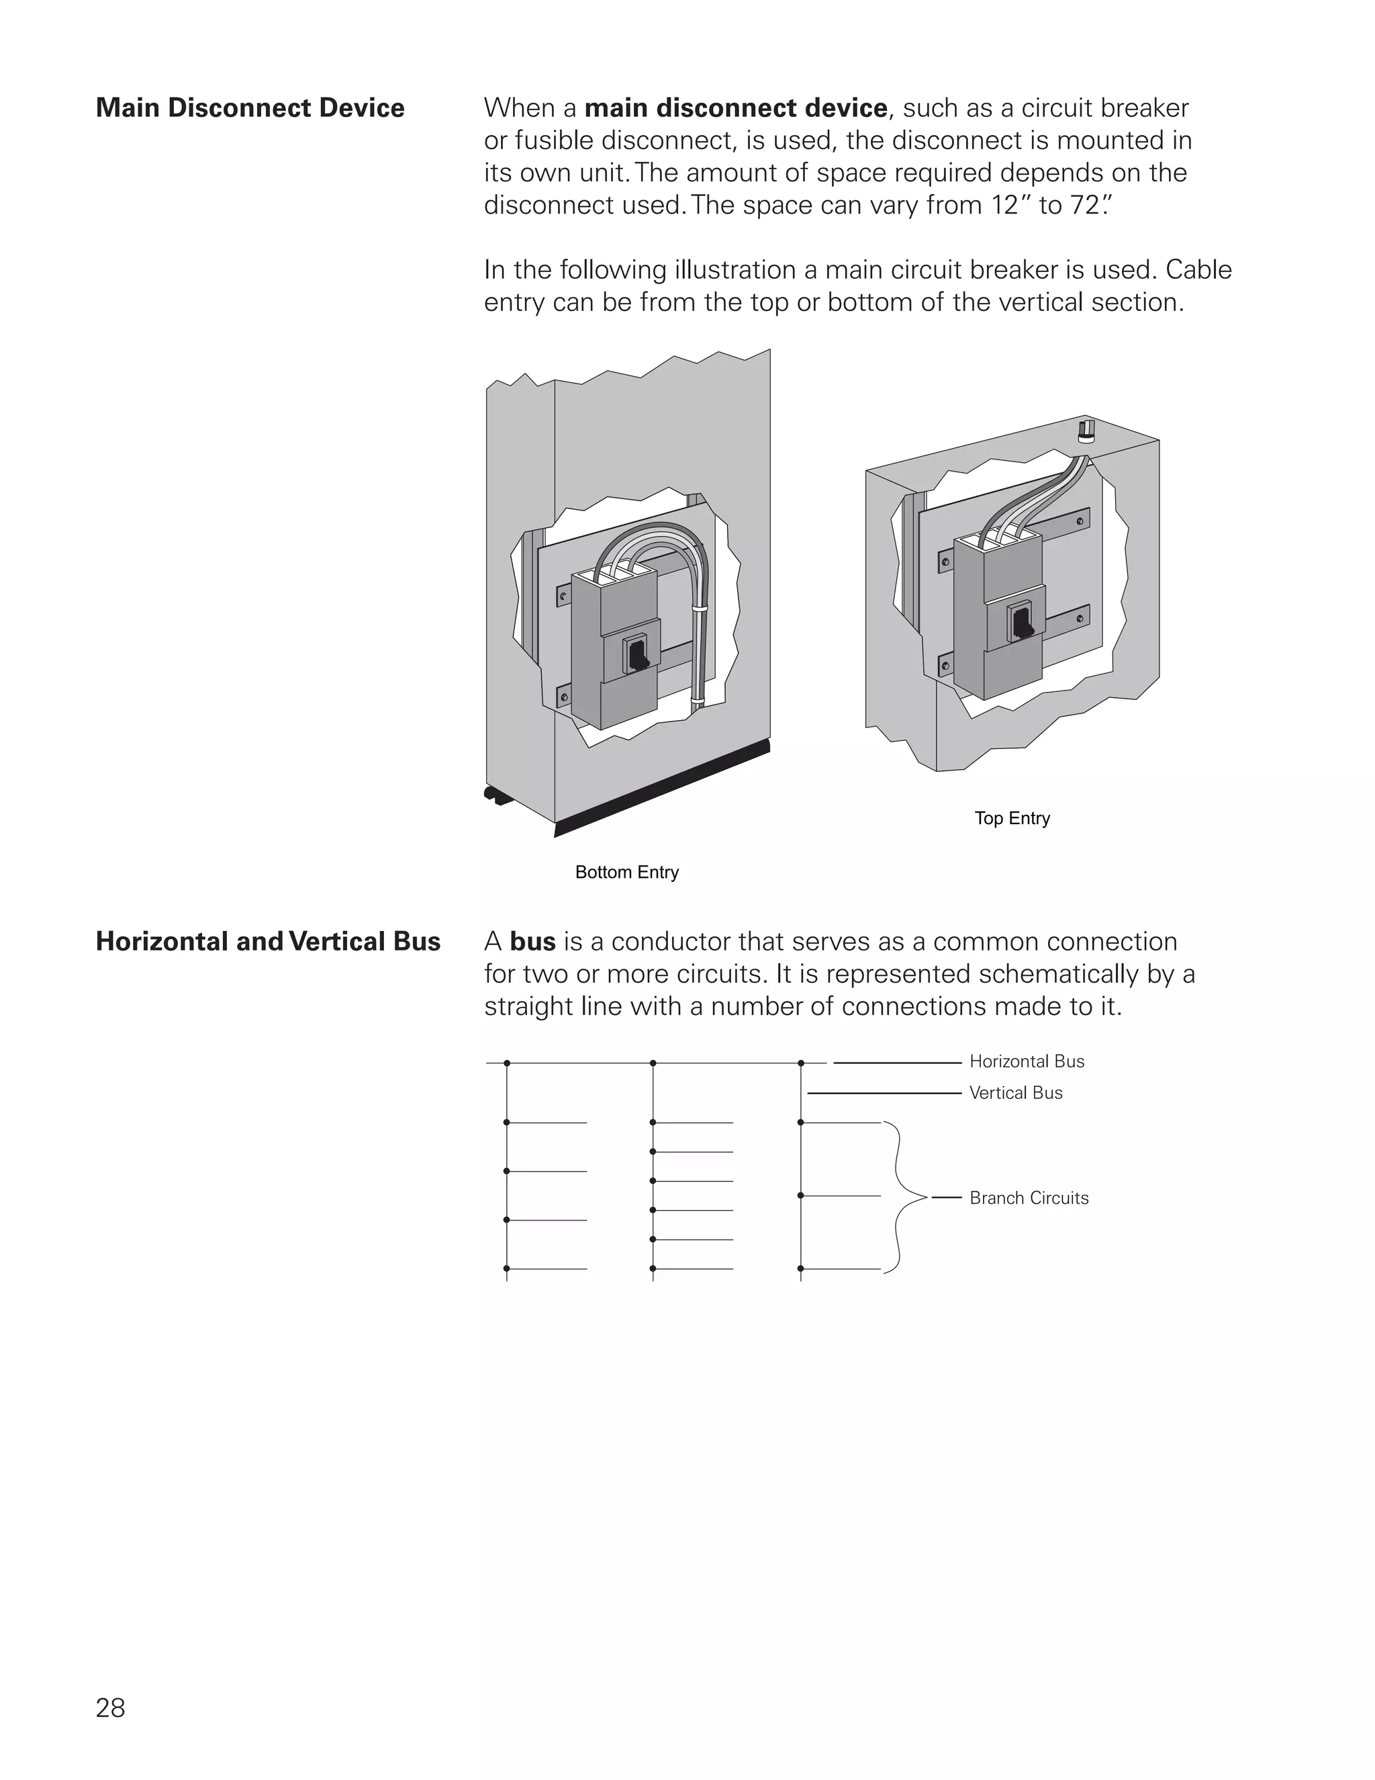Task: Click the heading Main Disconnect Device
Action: click(250, 107)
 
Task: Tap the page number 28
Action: click(110, 1707)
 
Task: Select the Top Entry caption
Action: click(1012, 817)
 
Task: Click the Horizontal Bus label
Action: click(1027, 1061)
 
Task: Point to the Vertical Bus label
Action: click(1016, 1093)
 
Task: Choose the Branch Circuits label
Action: click(1029, 1198)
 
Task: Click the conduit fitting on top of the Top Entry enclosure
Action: click(1086, 431)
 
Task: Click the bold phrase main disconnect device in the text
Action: click(736, 107)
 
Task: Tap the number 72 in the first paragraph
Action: click(1085, 206)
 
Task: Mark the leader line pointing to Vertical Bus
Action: click(884, 1093)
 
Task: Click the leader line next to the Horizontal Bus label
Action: click(896, 1063)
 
